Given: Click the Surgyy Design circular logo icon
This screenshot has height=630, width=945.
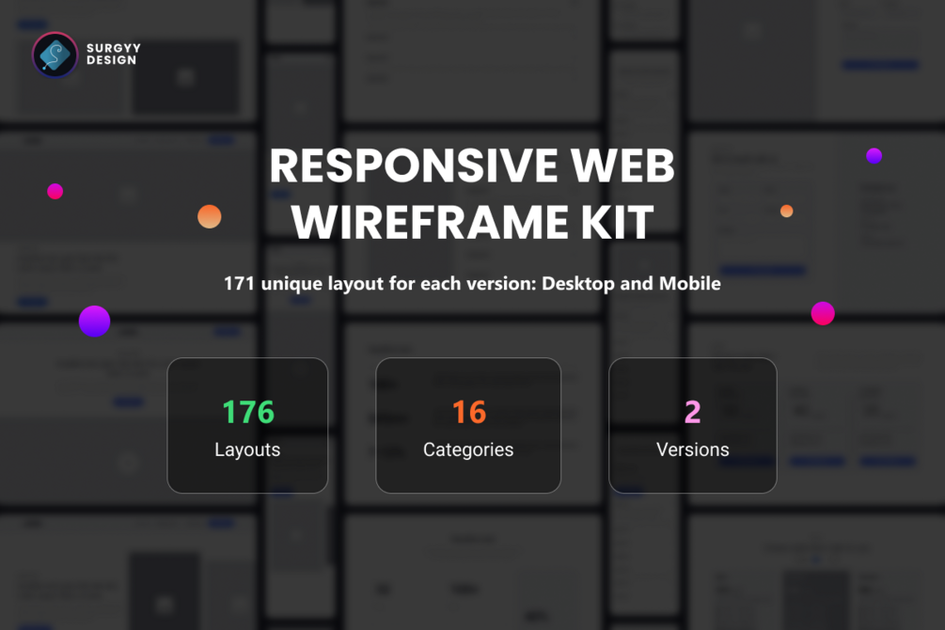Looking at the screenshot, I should pos(55,55).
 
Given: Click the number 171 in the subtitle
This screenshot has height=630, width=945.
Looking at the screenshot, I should pos(240,283).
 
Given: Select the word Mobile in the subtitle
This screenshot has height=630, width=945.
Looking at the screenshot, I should pos(690,283).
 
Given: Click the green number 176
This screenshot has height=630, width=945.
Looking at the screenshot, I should pos(248,412).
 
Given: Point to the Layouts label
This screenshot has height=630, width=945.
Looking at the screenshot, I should pos(247,449).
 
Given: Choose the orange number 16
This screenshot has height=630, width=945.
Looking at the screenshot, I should pos(468,412).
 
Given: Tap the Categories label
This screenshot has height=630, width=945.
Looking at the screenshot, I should pos(468,449).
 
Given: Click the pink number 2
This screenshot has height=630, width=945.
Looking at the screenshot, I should pos(693,412).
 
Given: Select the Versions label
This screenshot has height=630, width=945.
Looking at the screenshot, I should pos(693,449).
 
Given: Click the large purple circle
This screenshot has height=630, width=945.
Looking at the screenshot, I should pos(94,322).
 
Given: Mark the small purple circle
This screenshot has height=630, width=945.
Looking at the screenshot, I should pos(874,156).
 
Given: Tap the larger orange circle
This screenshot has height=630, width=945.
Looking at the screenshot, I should pos(210,216).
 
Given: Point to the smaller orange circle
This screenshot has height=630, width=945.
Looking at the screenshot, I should pos(787,212).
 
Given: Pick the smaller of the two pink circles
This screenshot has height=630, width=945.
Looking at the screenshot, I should pos(55,191).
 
